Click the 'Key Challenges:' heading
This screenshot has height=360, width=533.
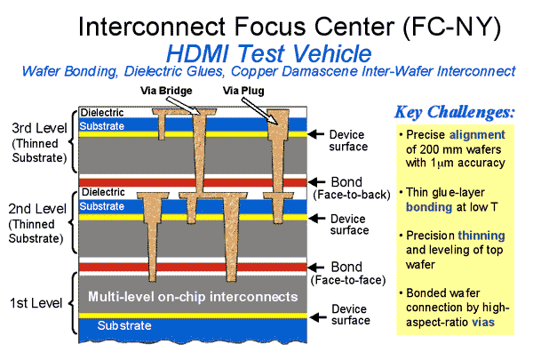[x=453, y=113]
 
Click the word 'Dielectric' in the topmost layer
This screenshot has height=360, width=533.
[x=102, y=113]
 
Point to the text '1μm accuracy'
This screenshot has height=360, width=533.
[x=460, y=163]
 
